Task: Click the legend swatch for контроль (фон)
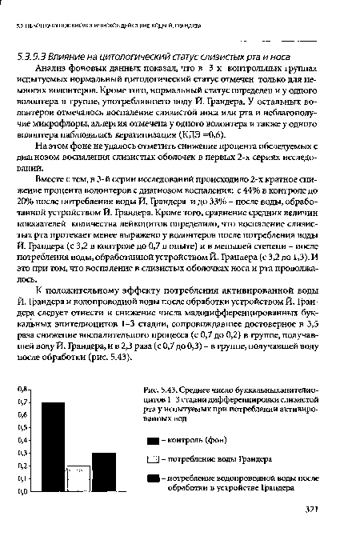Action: [176, 439]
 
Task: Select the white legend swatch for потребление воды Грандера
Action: [176, 458]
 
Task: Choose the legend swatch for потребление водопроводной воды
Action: [176, 478]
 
